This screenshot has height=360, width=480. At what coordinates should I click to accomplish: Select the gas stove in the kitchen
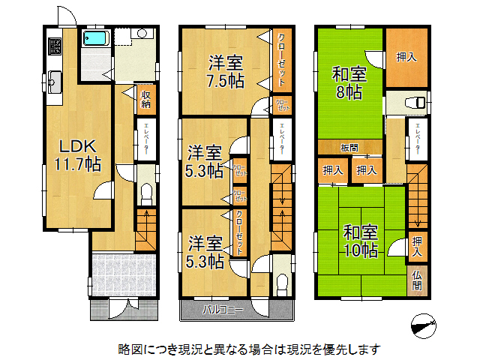(x=55, y=46)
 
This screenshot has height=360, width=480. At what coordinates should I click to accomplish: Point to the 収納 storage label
(x=146, y=99)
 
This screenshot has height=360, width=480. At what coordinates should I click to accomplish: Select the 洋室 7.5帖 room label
(x=226, y=72)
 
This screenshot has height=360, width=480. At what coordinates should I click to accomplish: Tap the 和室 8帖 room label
(x=349, y=82)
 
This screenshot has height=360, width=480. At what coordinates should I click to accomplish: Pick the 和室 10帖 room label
(x=361, y=240)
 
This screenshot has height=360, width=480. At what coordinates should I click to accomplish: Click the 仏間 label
(x=418, y=280)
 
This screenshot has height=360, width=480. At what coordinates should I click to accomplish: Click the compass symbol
(x=424, y=324)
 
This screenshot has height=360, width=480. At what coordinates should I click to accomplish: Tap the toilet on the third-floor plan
(x=414, y=103)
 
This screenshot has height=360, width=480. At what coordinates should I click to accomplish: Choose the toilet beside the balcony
(x=282, y=283)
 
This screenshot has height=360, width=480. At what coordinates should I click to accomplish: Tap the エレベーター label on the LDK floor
(x=146, y=139)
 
